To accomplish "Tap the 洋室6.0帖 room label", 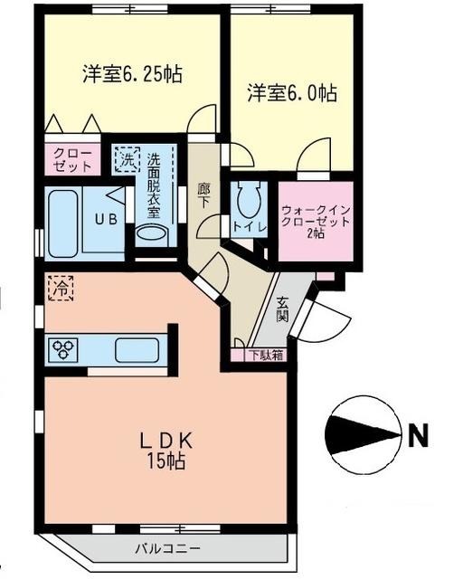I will tap(292, 93).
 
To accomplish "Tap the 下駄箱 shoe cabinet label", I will tap(266, 355).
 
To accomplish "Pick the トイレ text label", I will tap(249, 227).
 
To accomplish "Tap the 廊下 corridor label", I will tap(204, 194).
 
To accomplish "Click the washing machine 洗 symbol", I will tap(127, 159).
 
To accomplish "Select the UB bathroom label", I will tap(107, 218).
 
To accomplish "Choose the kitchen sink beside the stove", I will tap(137, 348).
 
